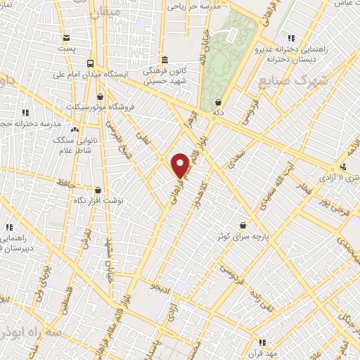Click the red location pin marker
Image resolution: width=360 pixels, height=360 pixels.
point(180,165)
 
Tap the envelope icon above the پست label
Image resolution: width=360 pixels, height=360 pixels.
point(66,38)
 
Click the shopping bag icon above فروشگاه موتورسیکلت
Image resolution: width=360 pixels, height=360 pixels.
point(101,96)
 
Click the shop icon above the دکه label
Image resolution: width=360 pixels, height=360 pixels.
point(219,101)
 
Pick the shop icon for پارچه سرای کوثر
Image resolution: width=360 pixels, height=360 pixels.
point(243,225)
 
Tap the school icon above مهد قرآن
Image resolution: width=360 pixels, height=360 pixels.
point(262,342)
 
